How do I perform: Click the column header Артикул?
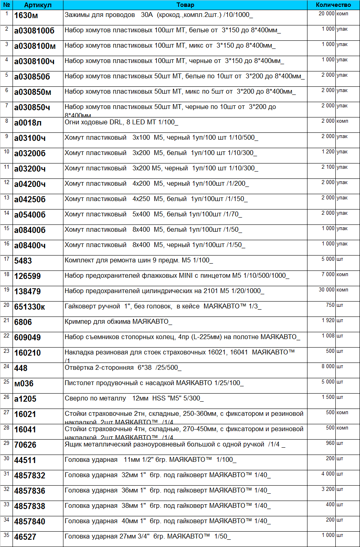tap(38, 5)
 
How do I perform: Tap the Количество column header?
tap(333, 5)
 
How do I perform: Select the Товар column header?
tap(185, 5)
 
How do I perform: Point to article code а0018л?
tap(28, 122)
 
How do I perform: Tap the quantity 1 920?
tap(328, 320)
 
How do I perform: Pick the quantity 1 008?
tap(328, 335)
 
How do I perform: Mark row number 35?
tap(6, 535)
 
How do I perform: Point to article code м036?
tap(24, 383)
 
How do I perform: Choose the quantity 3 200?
tap(328, 489)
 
